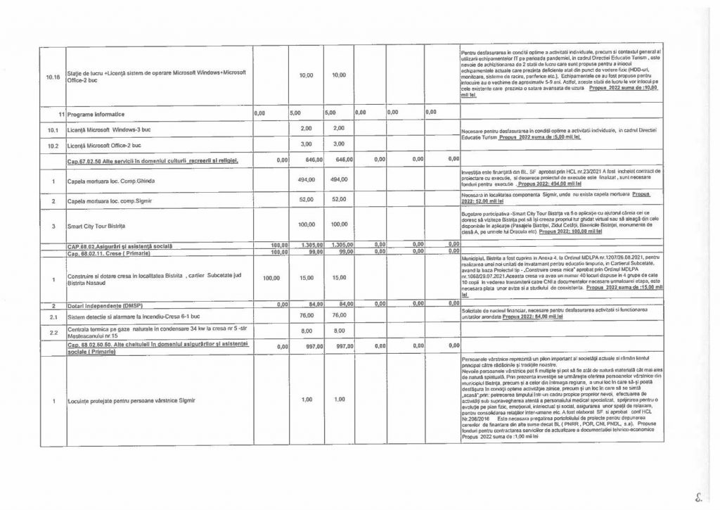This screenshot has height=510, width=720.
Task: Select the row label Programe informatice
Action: (96, 113)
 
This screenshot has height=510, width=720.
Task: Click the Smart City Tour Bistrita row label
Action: (99, 227)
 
